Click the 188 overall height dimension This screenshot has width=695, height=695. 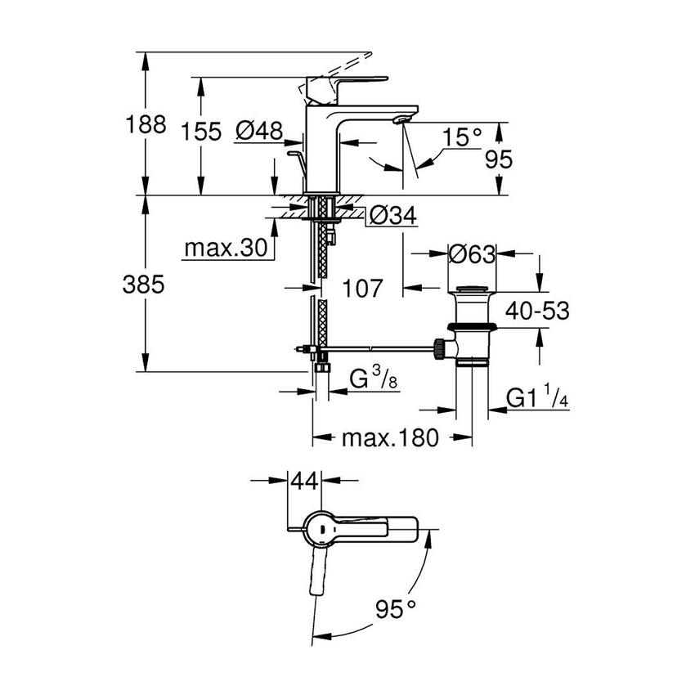147,125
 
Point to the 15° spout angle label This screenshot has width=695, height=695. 464,137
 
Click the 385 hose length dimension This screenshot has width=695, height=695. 144,285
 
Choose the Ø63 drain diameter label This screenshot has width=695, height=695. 472,254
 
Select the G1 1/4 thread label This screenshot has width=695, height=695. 532,398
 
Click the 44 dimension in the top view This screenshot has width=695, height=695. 303,482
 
